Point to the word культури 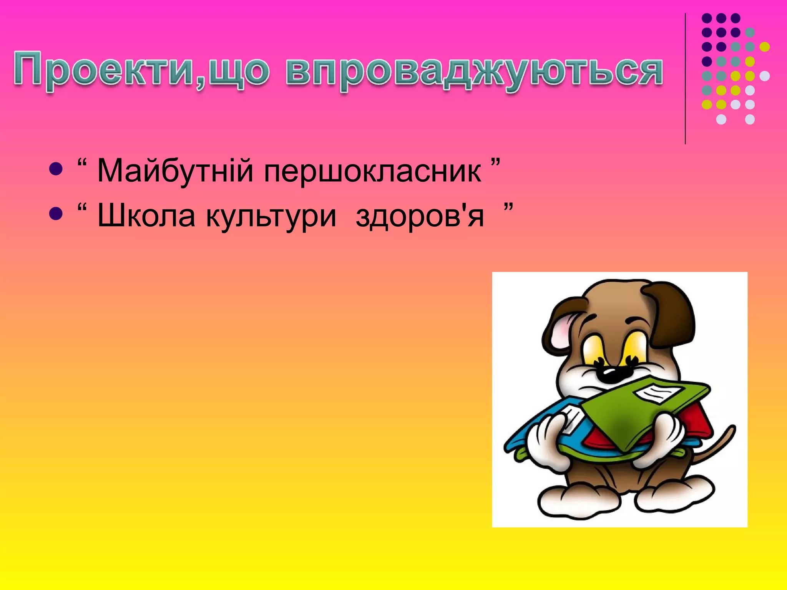click(271, 216)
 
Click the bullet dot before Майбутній click(56, 169)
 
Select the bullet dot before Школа click(56, 214)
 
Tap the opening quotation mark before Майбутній click(82, 163)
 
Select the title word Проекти click(104, 71)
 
